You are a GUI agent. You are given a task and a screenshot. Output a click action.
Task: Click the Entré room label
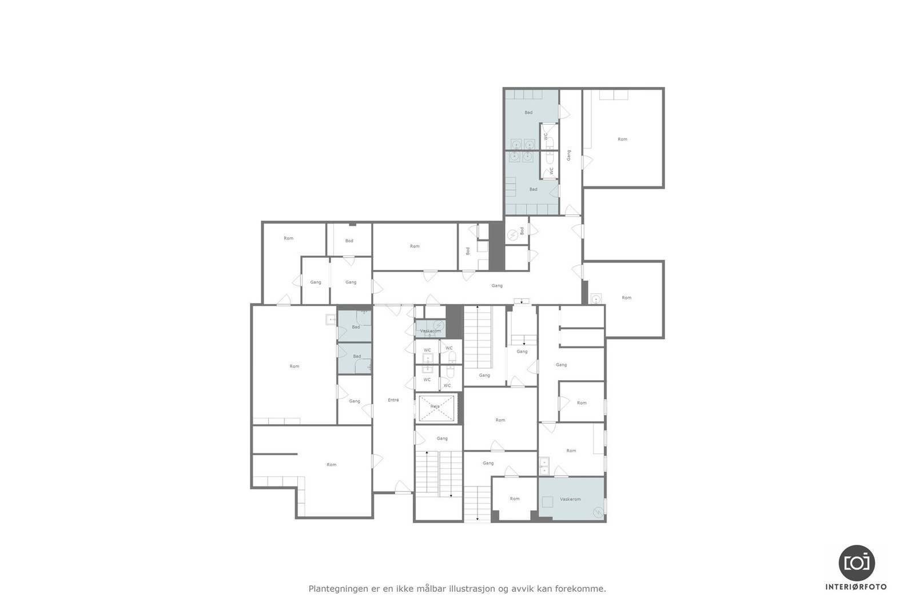pyautogui.click(x=393, y=400)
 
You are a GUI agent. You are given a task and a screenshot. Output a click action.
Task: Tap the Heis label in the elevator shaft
pyautogui.click(x=435, y=406)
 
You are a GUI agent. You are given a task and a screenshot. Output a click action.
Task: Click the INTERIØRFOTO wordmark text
pyautogui.click(x=856, y=587)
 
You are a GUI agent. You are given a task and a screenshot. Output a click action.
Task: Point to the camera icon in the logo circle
pyautogui.click(x=857, y=563)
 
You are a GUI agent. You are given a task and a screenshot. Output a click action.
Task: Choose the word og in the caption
pyautogui.click(x=503, y=588)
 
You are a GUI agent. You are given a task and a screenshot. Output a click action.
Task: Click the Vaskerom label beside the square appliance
pyautogui.click(x=570, y=499)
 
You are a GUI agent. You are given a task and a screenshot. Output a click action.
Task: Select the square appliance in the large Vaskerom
pyautogui.click(x=548, y=502)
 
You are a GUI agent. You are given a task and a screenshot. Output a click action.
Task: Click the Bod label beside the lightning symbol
pyautogui.click(x=522, y=231)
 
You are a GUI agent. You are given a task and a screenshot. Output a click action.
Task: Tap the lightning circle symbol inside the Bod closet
pyautogui.click(x=513, y=234)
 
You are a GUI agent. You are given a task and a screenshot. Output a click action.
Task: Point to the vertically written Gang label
pyautogui.click(x=569, y=155)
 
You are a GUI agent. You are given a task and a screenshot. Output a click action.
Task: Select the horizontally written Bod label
pyautogui.click(x=349, y=241)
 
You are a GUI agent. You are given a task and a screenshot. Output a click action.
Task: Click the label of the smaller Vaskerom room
pyautogui.click(x=431, y=331)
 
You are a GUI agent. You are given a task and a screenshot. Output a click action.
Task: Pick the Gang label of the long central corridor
pyautogui.click(x=497, y=285)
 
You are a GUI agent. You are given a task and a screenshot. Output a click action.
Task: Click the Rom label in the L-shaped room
pyautogui.click(x=332, y=465)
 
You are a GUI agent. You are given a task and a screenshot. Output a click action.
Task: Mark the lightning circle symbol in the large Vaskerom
pyautogui.click(x=598, y=512)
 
